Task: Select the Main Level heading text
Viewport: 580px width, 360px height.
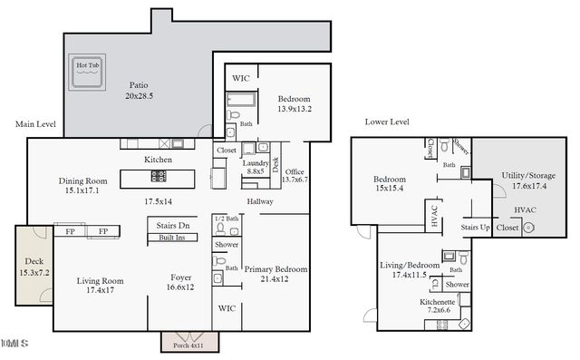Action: [37, 124]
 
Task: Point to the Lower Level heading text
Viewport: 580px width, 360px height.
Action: [387, 122]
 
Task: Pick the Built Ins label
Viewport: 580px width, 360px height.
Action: [172, 237]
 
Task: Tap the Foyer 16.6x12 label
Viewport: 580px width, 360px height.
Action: [181, 282]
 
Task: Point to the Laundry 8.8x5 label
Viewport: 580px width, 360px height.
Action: [255, 166]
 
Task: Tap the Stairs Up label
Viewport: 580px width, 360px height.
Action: [477, 226]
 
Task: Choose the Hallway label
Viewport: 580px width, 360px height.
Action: [262, 201]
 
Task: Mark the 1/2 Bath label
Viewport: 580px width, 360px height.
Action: [226, 219]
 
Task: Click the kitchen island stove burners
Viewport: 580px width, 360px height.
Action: [160, 175]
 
